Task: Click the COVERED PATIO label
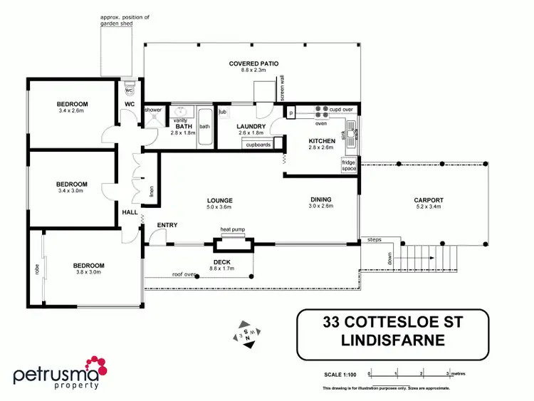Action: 248,64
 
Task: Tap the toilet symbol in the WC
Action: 130,90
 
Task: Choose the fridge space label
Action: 349,166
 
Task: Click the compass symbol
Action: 247,333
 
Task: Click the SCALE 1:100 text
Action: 339,373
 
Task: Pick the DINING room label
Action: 321,200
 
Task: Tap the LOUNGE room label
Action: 220,201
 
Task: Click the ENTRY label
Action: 167,225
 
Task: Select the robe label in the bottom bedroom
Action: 36,269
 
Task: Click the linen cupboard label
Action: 151,191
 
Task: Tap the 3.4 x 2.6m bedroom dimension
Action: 72,110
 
